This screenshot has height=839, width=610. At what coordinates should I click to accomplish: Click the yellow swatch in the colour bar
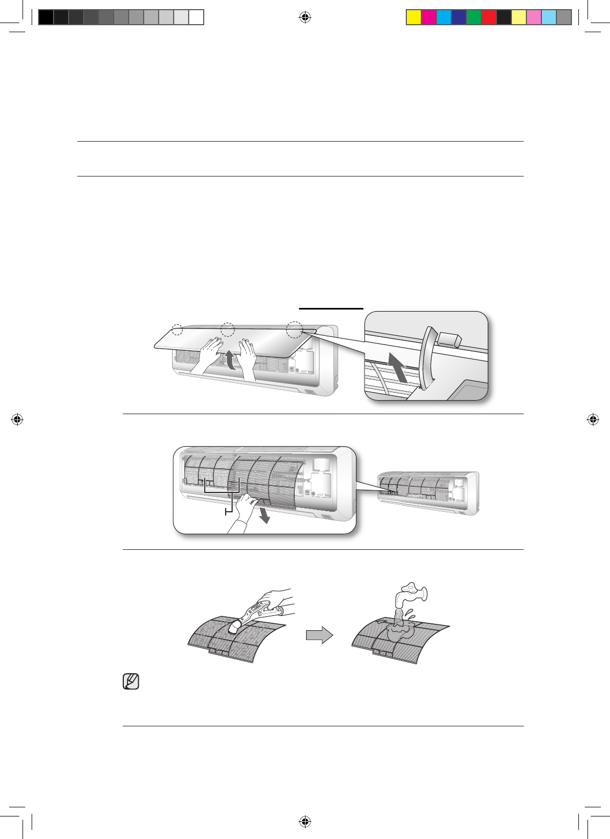414,18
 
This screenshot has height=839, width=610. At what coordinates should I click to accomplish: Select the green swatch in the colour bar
474,18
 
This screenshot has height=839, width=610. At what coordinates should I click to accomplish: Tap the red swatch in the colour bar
489,18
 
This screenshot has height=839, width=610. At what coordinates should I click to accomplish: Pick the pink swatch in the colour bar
534,18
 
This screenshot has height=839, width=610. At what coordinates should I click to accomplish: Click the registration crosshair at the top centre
304,18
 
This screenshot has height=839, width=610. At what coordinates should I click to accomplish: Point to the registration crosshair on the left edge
17,420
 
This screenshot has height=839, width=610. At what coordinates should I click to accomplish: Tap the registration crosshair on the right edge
593,420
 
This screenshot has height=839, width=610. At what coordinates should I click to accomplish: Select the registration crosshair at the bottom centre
304,821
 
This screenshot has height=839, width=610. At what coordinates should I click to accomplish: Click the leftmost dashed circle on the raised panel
177,329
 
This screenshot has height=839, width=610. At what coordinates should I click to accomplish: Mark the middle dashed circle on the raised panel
228,329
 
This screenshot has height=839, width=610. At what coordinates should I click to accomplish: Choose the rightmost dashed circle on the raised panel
294,330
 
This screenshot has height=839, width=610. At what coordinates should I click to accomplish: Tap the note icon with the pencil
131,681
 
